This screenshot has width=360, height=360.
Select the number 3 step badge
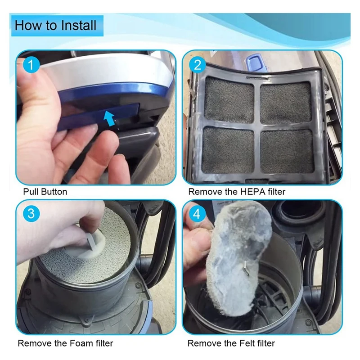(x=31, y=213)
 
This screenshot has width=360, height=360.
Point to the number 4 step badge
(x=197, y=214)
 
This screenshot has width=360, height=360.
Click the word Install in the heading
(x=78, y=25)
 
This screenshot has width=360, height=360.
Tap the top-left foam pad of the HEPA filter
(x=229, y=100)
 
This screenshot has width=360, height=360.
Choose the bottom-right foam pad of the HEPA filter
(x=288, y=151)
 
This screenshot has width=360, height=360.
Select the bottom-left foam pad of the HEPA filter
(x=229, y=150)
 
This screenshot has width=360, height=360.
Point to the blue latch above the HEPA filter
(x=255, y=63)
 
